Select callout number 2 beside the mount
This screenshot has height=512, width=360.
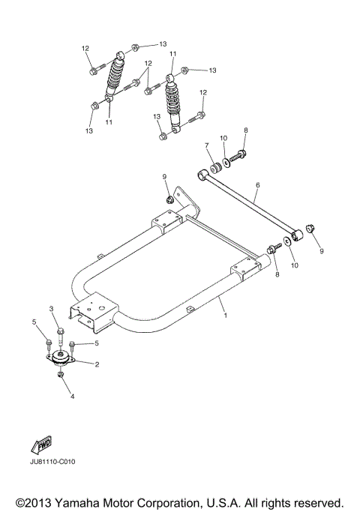click(97, 364)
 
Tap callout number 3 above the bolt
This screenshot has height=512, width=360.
click(52, 309)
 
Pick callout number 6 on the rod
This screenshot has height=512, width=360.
click(257, 184)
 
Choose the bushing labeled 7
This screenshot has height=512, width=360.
click(214, 164)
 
